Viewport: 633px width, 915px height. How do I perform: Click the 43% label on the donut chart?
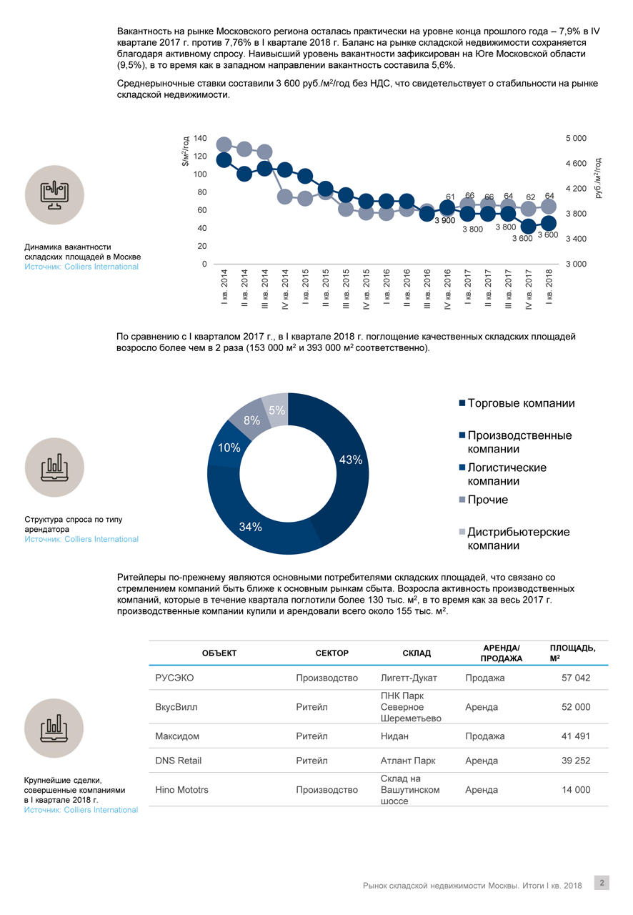click(351, 460)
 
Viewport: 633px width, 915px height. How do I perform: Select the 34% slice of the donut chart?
click(251, 527)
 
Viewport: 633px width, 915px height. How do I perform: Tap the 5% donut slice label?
click(277, 410)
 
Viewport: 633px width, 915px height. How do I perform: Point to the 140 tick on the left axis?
click(200, 138)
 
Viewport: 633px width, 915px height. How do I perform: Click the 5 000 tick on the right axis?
click(575, 138)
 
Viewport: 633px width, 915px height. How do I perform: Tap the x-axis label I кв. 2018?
click(549, 287)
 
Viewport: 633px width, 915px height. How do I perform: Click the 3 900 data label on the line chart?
click(444, 221)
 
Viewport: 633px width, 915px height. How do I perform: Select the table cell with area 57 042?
click(576, 678)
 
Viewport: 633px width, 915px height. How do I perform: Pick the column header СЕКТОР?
click(332, 653)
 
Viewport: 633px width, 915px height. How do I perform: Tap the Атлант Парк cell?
click(409, 761)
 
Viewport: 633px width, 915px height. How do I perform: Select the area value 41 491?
click(576, 736)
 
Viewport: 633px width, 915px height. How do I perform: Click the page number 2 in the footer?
click(602, 883)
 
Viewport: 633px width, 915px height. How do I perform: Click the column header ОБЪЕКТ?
click(219, 653)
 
